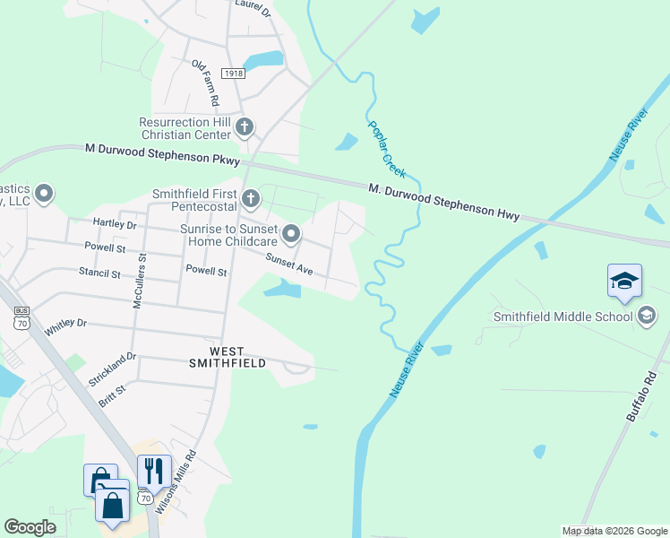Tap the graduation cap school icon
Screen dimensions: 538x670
pyautogui.click(x=623, y=282)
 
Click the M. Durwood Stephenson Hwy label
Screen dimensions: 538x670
pyautogui.click(x=444, y=199)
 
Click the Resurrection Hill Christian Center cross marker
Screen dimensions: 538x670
pyautogui.click(x=245, y=127)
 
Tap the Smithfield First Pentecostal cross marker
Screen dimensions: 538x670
pyautogui.click(x=252, y=198)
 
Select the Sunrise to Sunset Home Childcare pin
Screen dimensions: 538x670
pyautogui.click(x=291, y=235)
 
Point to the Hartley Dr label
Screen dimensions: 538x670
pyautogui.click(x=115, y=223)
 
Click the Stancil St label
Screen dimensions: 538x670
pyautogui.click(x=99, y=272)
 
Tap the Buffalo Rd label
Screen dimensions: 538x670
pyautogui.click(x=643, y=398)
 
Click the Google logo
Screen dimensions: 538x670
pyautogui.click(x=30, y=527)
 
